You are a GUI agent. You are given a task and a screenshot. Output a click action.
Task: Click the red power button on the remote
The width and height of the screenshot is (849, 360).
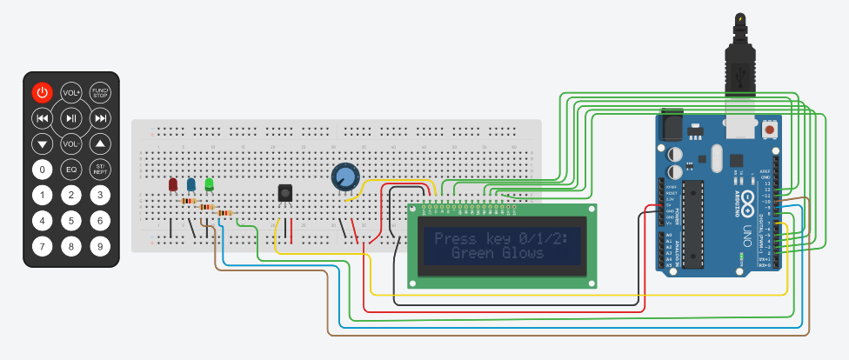coord(43,92)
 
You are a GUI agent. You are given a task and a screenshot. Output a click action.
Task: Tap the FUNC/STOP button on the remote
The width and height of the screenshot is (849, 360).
coord(100,92)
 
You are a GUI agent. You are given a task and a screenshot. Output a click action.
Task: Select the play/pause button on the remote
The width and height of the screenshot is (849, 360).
coord(71,118)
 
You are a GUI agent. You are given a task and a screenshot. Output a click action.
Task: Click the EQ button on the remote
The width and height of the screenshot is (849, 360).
coord(71,169)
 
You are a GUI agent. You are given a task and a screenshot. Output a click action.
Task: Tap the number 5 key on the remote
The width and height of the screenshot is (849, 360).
coord(71,221)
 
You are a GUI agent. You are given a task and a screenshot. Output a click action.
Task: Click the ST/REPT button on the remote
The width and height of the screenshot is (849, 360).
coord(100,169)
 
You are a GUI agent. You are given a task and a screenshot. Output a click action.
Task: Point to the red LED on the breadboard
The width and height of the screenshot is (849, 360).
coord(172,184)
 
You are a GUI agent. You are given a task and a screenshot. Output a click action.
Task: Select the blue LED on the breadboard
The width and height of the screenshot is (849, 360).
coord(191,184)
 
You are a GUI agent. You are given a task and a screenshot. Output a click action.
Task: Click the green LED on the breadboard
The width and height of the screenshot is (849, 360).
coord(209,183)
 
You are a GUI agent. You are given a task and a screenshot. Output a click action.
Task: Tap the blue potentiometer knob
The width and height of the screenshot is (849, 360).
coord(344,177)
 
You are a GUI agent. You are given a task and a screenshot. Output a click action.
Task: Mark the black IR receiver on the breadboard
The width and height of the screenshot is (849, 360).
coord(284,193)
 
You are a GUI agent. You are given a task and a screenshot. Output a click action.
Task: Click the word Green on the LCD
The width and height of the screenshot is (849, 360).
coord(473,253)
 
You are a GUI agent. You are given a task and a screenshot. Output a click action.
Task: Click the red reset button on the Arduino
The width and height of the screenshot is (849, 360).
coord(769,130)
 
